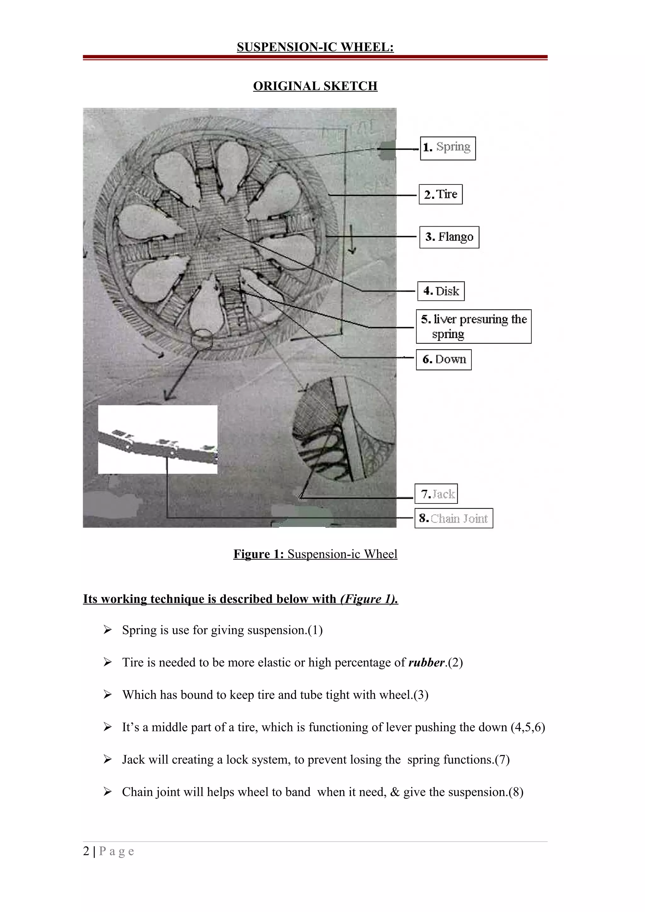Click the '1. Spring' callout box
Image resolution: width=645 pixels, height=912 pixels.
click(x=448, y=148)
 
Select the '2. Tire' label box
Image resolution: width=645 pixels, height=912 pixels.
click(x=440, y=194)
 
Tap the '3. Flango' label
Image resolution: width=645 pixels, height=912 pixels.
click(x=449, y=237)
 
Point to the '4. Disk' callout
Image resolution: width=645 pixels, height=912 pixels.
click(x=441, y=291)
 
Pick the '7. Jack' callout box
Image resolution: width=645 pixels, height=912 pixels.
click(x=436, y=494)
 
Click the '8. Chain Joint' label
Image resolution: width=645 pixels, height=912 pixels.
click(x=454, y=518)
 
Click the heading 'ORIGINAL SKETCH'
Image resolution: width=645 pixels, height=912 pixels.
click(x=315, y=86)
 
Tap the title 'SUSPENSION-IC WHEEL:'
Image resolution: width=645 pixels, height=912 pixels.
click(x=315, y=47)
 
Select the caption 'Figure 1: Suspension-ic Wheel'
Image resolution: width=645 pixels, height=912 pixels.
click(x=315, y=554)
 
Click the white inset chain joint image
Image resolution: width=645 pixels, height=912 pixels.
click(x=157, y=440)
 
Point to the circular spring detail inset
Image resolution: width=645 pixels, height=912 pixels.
click(x=344, y=429)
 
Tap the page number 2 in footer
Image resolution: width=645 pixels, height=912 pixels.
click(x=86, y=851)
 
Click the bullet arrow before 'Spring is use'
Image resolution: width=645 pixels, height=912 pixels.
click(x=107, y=630)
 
